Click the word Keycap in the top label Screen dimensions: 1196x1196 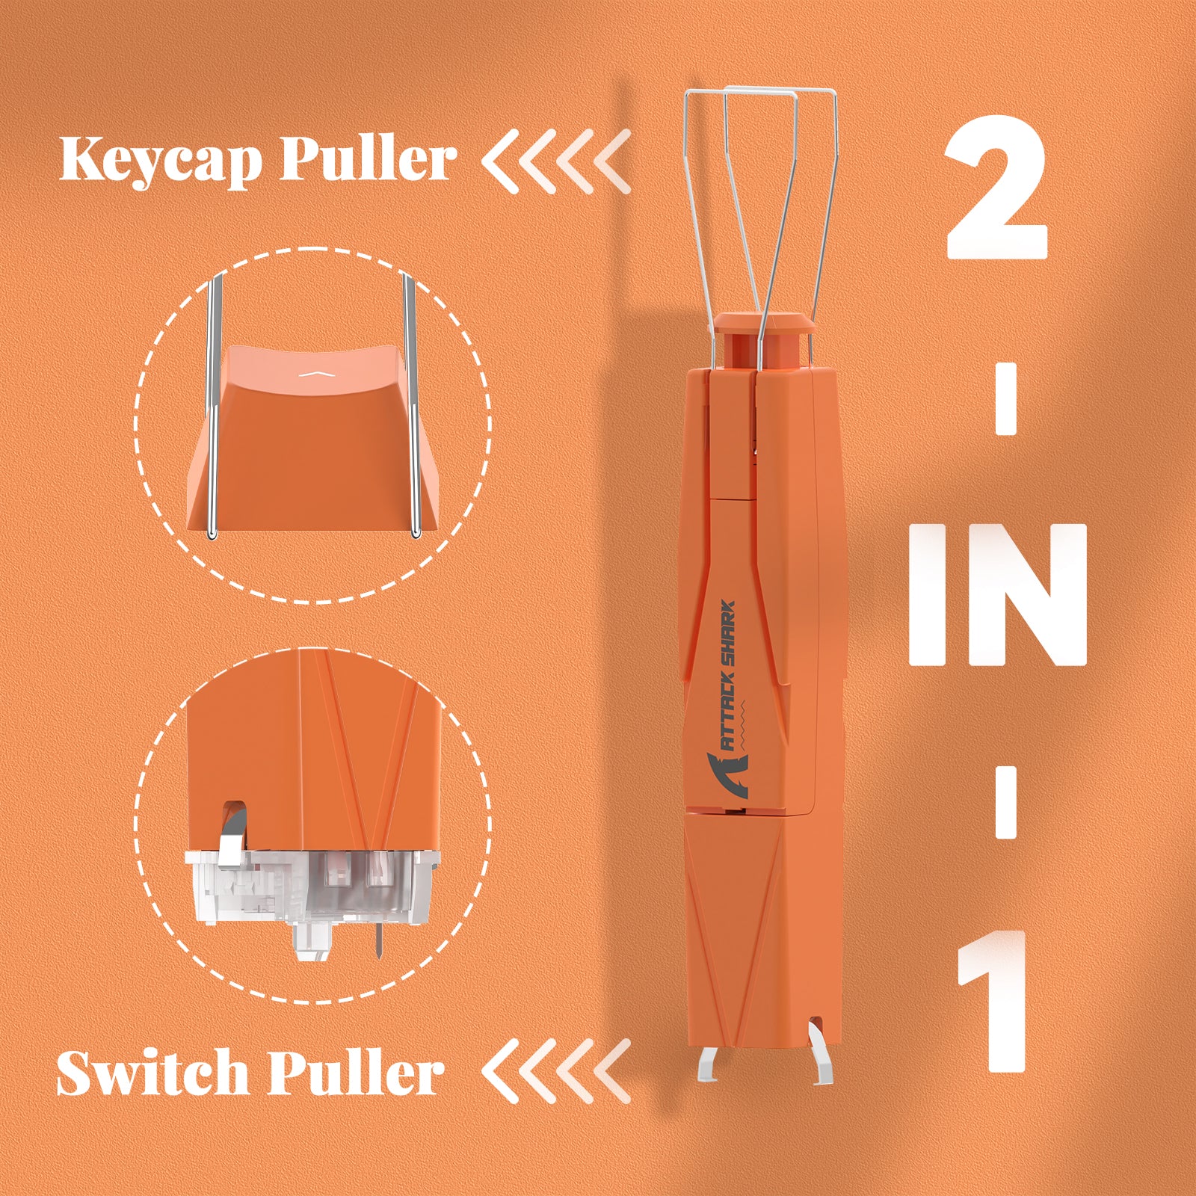point(161,158)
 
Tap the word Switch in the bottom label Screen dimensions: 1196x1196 point(152,1073)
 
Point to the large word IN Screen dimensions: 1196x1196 point(997,594)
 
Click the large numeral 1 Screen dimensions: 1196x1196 point(994,1002)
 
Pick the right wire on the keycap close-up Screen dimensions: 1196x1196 point(410,404)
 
